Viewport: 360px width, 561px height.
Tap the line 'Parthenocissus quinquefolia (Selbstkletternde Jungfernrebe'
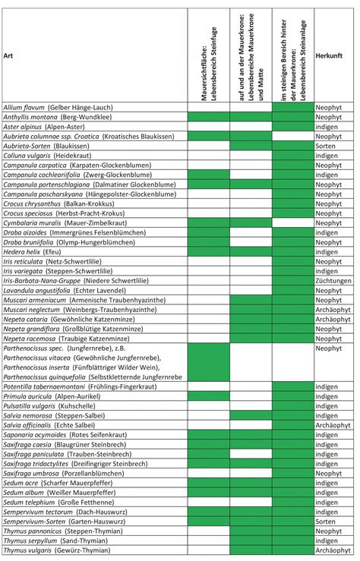click(93, 377)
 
